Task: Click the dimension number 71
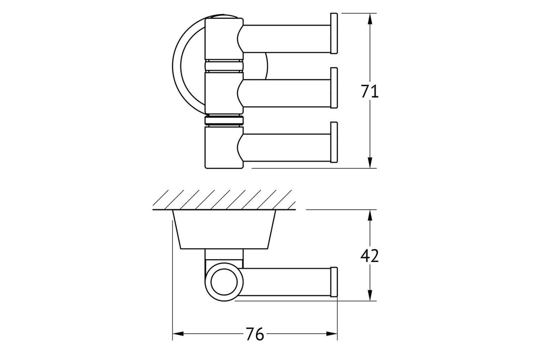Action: (370, 91)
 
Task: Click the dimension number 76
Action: (255, 334)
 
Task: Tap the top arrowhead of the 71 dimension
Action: (370, 19)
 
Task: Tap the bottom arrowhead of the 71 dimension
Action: (370, 162)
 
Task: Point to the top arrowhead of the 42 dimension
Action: (370, 215)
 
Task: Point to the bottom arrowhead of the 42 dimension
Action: (370, 295)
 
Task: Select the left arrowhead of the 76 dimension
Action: (178, 334)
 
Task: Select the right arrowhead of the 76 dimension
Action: (332, 334)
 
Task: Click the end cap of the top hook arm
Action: (334, 33)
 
